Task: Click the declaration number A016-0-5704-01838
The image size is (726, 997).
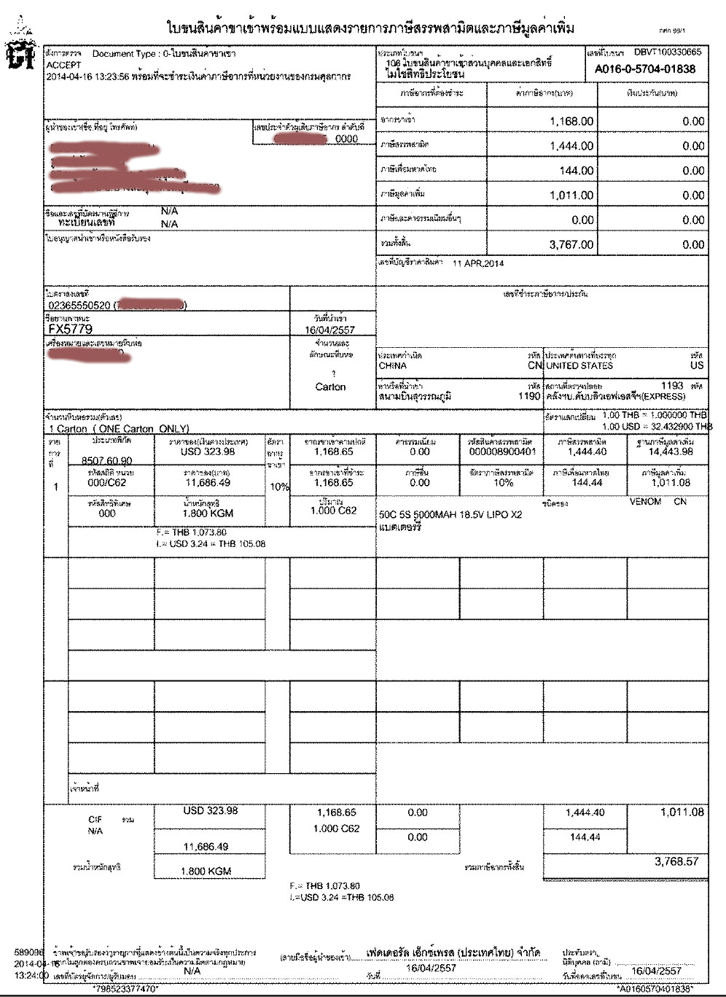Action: [644, 69]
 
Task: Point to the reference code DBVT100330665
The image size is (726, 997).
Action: [667, 52]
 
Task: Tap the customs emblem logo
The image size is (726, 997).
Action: [20, 51]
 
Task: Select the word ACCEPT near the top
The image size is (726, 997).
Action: [64, 65]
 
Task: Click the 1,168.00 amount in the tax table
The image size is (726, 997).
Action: [571, 121]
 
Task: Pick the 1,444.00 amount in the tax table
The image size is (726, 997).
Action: [571, 146]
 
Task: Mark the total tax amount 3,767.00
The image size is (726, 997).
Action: [571, 245]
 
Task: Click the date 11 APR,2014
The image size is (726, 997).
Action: [478, 263]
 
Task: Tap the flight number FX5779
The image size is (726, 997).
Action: [70, 329]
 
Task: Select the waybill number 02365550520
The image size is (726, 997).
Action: [79, 306]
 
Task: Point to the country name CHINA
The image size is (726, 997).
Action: [393, 365]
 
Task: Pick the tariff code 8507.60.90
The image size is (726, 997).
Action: [107, 461]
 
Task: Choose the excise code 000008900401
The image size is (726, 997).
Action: [502, 452]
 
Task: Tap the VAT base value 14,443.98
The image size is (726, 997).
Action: [671, 452]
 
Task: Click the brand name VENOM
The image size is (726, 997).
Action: [645, 502]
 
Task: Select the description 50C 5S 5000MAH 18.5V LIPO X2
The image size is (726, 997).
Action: [450, 515]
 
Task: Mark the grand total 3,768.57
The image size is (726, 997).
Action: [676, 861]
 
